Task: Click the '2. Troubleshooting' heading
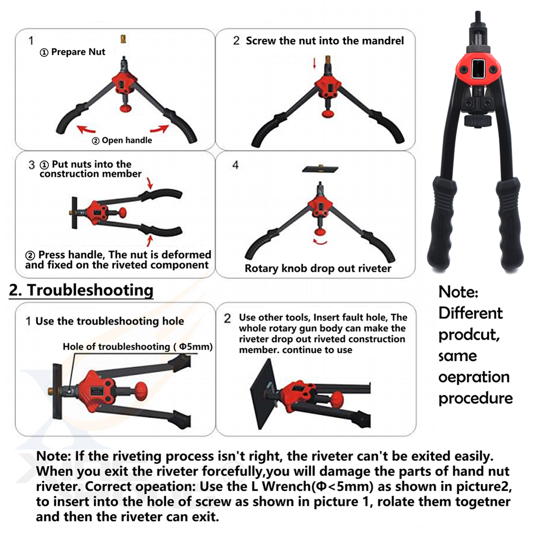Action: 81,290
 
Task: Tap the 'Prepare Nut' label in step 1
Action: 78,52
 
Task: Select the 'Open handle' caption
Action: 127,140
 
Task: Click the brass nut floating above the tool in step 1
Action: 124,39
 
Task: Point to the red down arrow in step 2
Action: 314,63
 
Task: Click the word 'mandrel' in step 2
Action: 383,41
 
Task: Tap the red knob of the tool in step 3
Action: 122,213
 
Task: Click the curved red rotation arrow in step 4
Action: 320,241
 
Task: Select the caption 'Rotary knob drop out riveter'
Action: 318,268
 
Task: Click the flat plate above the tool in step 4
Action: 320,168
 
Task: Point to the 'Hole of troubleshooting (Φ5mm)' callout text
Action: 138,346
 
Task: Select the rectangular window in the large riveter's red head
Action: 478,69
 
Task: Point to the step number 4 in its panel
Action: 236,165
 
